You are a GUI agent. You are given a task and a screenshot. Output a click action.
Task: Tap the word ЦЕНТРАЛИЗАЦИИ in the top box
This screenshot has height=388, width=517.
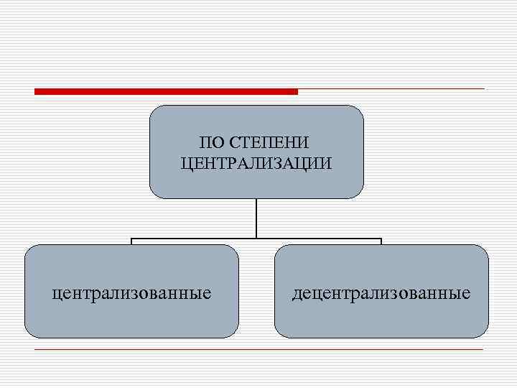click(256, 163)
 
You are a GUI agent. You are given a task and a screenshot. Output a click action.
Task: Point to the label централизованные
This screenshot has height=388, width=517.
click(131, 292)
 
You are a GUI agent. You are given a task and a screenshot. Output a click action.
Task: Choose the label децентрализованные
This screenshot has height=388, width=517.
click(381, 292)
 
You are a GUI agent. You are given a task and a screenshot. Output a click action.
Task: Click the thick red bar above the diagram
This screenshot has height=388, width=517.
click(166, 91)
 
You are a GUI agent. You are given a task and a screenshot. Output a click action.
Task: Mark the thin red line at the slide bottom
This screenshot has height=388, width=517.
click(258, 349)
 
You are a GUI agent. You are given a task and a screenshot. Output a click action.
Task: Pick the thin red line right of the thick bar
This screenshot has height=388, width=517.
click(391, 89)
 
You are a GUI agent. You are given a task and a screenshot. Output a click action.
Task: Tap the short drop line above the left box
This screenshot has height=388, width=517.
click(131, 241)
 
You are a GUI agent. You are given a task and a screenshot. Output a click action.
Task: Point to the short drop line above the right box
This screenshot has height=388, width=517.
click(381, 241)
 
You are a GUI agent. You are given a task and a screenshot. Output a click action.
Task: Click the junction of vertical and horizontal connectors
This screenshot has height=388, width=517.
click(256, 238)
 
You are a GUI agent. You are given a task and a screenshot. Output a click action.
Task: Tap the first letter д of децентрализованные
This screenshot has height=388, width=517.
click(296, 293)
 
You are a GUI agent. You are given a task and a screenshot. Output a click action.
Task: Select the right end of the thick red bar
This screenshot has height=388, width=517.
click(296, 91)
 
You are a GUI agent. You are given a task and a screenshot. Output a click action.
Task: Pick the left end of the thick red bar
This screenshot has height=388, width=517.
click(36, 91)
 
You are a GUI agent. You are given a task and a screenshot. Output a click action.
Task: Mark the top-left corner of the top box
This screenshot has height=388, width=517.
click(152, 108)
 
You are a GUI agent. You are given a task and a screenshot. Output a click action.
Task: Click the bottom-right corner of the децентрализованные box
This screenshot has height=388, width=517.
click(485, 335)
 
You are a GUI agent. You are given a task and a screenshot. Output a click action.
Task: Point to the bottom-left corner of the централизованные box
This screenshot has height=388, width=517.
click(27, 335)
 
